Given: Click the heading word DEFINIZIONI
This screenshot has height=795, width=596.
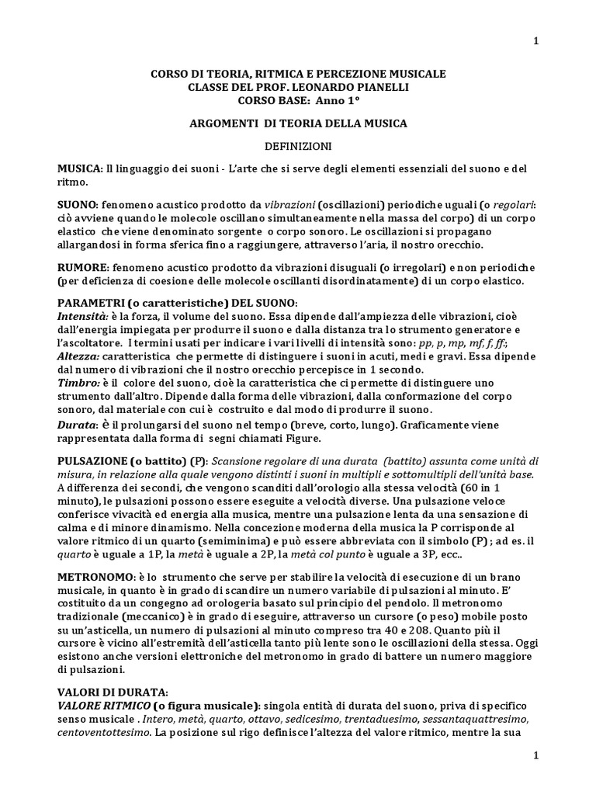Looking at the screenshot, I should (x=299, y=145).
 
